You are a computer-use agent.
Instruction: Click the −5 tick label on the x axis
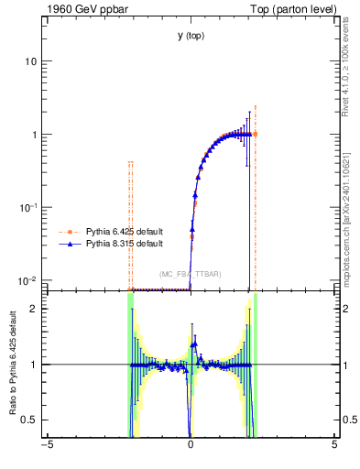[x=48, y=446]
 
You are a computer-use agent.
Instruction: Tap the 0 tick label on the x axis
[x=191, y=446]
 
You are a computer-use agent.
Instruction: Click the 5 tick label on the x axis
[x=334, y=446]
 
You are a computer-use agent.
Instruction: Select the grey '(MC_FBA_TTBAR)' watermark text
[x=190, y=274]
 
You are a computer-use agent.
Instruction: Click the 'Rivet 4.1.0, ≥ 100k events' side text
[x=346, y=63]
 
